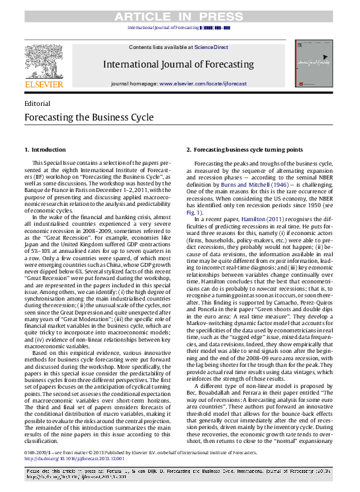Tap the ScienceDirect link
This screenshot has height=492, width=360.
212,48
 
